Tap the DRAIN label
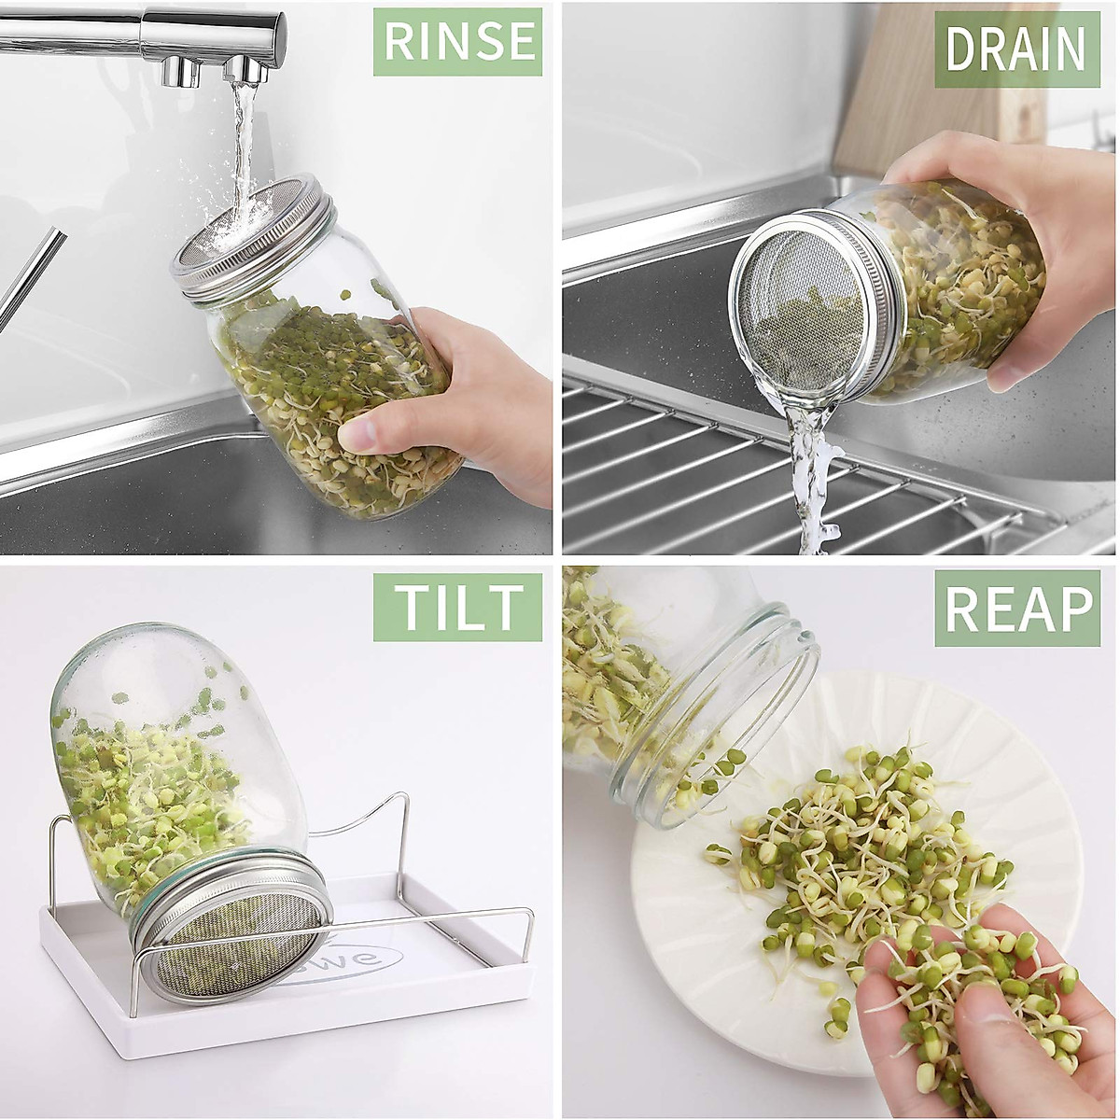pos(1016,49)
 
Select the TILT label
pos(457,607)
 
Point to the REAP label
pos(1017,609)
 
